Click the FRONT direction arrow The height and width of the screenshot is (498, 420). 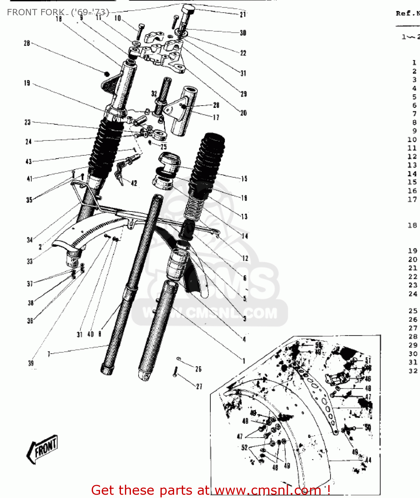pyautogui.click(x=43, y=449)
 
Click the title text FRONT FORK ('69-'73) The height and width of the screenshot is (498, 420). pyautogui.click(x=58, y=12)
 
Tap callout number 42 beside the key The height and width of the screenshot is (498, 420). pyautogui.click(x=134, y=183)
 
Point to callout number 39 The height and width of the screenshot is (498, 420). pyautogui.click(x=31, y=363)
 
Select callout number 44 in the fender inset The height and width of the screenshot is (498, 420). pyautogui.click(x=368, y=460)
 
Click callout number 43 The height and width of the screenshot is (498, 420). pyautogui.click(x=29, y=161)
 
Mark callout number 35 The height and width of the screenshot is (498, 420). pyautogui.click(x=29, y=200)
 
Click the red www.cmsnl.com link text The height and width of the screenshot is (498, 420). pyautogui.click(x=268, y=490)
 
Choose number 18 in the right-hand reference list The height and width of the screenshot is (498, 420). pyautogui.click(x=412, y=225)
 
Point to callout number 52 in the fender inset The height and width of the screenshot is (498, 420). pyautogui.click(x=245, y=447)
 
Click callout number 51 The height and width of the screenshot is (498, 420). pyautogui.click(x=368, y=360)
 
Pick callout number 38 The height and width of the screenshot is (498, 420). pyautogui.click(x=31, y=303)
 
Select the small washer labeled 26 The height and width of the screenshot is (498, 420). pyautogui.click(x=179, y=358)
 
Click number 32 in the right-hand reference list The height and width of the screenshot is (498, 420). pyautogui.click(x=413, y=371)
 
